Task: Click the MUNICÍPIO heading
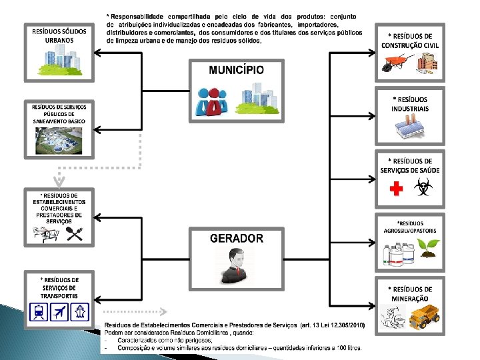[236, 70]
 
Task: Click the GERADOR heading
[236, 238]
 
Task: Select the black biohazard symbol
[422, 190]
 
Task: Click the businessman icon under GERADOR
[237, 265]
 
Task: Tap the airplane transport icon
[59, 311]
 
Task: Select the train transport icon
[38, 311]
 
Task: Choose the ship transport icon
[81, 311]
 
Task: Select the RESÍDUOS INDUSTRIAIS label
[410, 104]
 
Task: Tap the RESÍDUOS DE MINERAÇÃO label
[410, 294]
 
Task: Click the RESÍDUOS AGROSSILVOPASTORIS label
[410, 227]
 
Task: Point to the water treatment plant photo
[59, 141]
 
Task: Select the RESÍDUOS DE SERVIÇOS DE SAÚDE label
[410, 165]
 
